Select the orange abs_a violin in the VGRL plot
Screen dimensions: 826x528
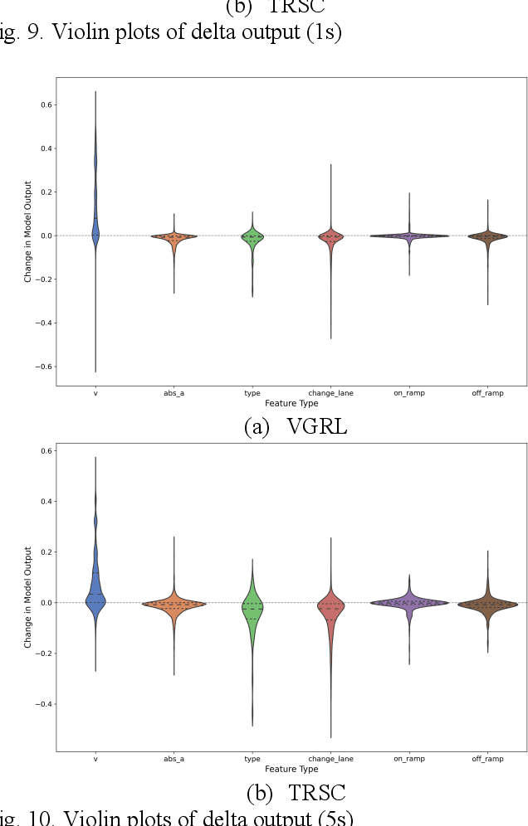174,237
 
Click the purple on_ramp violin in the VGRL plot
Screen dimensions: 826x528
408,236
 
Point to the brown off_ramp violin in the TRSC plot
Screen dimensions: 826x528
487,604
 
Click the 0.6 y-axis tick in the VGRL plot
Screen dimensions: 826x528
44,105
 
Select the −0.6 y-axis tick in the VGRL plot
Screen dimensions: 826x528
42,367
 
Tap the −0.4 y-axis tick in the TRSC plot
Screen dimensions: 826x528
42,704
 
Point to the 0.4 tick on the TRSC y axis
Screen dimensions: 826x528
44,502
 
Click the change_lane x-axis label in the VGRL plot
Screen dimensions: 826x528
330,393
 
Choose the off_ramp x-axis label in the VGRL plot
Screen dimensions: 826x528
487,393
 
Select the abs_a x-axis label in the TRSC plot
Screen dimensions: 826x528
174,759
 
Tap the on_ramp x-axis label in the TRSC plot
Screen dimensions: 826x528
408,759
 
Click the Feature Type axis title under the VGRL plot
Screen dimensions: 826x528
291,404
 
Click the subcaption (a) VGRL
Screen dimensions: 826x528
295,426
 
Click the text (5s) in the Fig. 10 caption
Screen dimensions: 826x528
332,817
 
